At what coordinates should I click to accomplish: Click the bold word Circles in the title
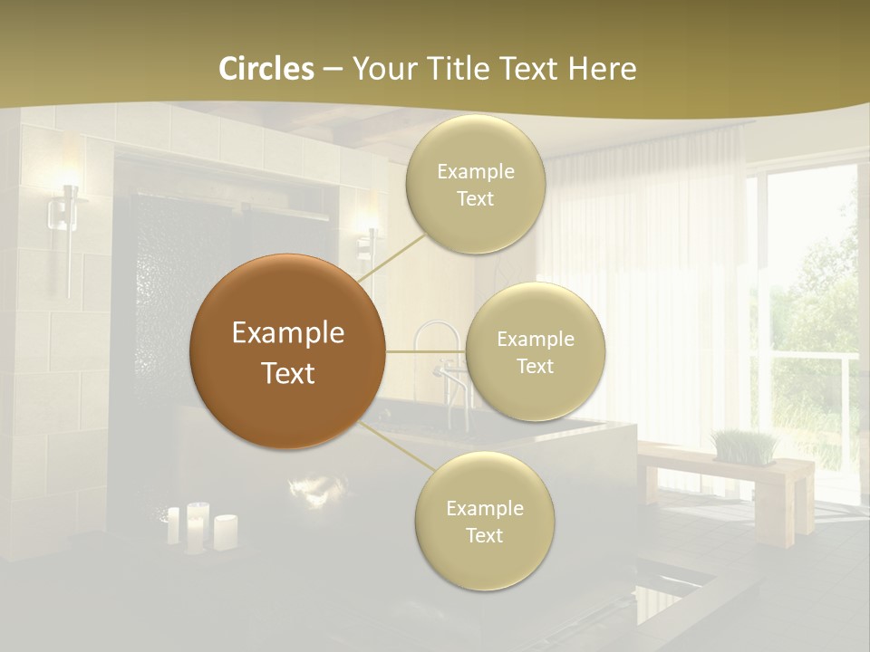pyautogui.click(x=266, y=69)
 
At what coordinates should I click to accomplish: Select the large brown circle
pyautogui.click(x=287, y=351)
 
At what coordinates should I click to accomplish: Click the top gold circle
pyautogui.click(x=475, y=185)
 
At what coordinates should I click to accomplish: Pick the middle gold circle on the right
pyautogui.click(x=535, y=352)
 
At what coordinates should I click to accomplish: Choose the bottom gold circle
pyautogui.click(x=484, y=522)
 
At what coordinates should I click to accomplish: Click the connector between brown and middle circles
pyautogui.click(x=426, y=351)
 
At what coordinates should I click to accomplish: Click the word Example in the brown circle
pyautogui.click(x=287, y=333)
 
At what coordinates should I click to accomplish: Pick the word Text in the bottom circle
pyautogui.click(x=484, y=535)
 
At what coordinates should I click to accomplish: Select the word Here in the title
pyautogui.click(x=604, y=69)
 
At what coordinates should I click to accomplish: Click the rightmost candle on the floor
pyautogui.click(x=225, y=532)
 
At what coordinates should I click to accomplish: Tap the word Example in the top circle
pyautogui.click(x=475, y=172)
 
